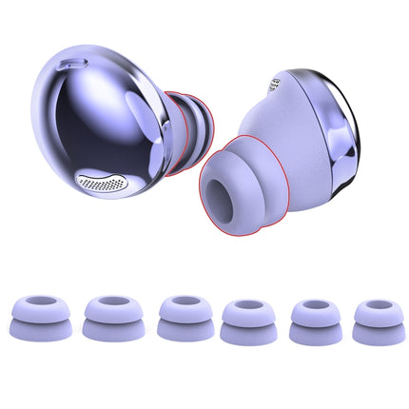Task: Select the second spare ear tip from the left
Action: (x=107, y=318)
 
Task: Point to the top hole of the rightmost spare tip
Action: (x=374, y=307)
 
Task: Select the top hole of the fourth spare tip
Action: (x=243, y=307)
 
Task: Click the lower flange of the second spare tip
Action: (x=107, y=331)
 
